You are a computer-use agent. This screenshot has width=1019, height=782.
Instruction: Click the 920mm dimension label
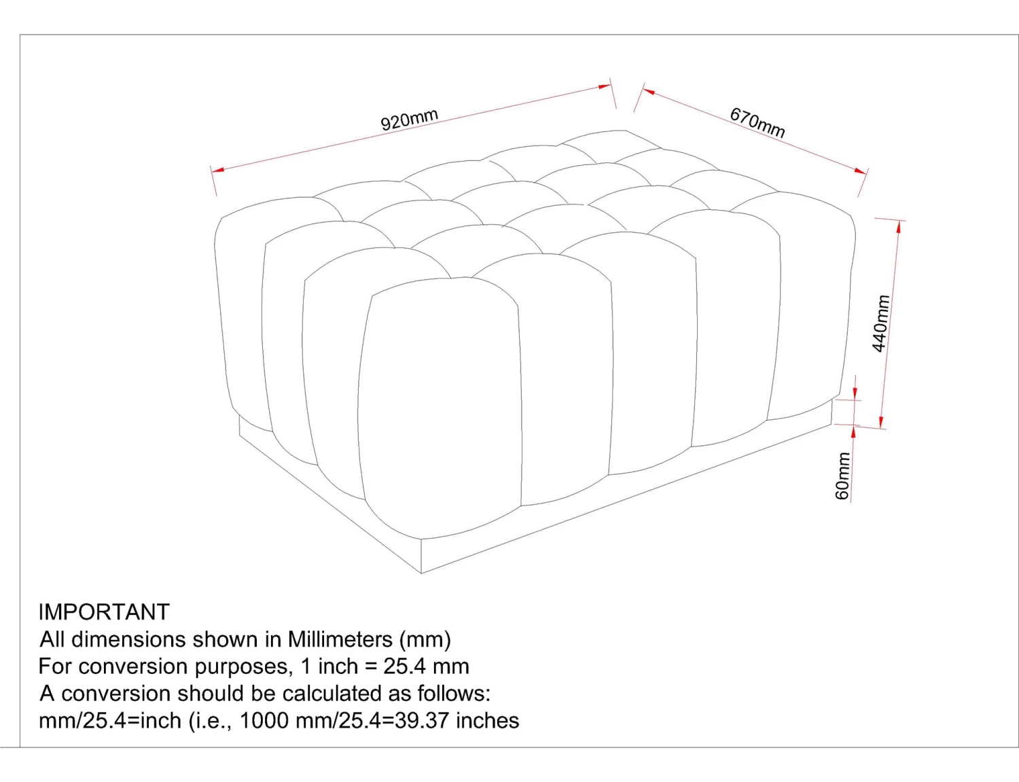[410, 120]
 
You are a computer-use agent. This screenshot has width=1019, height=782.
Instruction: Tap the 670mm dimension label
[757, 122]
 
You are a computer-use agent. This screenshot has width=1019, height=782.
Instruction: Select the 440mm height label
[880, 323]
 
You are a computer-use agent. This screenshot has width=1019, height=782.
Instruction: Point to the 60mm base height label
[842, 476]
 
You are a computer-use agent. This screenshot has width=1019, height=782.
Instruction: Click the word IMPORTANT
[104, 612]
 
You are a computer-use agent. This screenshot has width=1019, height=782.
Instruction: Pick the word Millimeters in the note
[340, 639]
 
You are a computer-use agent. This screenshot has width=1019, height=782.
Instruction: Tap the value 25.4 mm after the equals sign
[426, 666]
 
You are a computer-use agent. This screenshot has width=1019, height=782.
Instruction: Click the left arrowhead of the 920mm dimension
[217, 170]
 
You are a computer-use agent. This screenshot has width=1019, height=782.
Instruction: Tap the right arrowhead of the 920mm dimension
[605, 86]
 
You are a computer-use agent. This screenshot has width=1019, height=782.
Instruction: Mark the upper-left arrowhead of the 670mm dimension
[649, 91]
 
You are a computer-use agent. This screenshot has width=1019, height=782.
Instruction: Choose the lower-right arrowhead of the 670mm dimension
[859, 172]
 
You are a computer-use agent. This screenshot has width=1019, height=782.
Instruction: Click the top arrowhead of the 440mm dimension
[899, 227]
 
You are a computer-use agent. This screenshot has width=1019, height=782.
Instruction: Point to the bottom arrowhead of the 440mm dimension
[881, 421]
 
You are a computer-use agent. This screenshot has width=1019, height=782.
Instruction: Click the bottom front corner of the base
[421, 573]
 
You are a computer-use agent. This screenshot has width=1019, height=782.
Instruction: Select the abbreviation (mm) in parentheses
[425, 639]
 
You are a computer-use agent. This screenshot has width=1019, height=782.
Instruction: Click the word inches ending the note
[487, 720]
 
